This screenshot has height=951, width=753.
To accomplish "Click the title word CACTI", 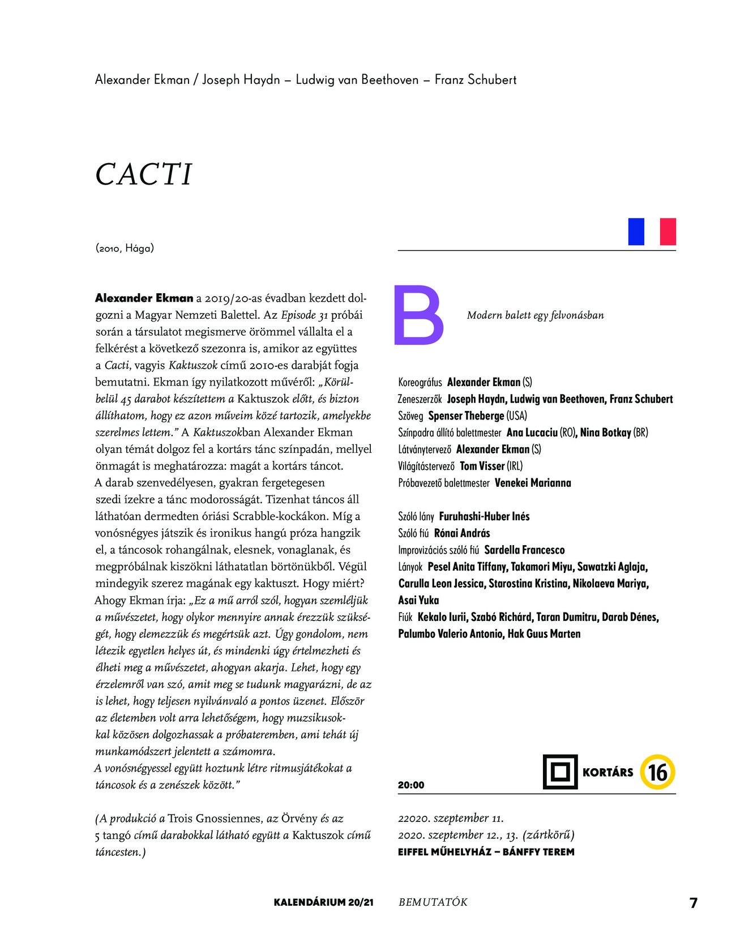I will click(144, 174).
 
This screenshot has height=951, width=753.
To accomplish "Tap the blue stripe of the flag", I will click(636, 232).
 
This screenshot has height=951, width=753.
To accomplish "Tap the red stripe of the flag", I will click(668, 232).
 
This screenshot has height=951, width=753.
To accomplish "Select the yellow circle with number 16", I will click(657, 772).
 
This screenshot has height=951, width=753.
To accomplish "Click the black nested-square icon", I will click(560, 772).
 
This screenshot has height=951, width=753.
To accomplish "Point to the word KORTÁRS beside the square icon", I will click(607, 773).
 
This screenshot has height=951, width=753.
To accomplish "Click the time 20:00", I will click(411, 785).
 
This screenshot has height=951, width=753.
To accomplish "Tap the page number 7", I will click(694, 903).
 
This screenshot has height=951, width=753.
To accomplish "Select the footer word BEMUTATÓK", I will click(433, 902).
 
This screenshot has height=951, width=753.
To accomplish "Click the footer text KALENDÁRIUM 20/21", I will click(323, 902).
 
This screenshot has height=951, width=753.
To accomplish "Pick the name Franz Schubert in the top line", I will click(476, 80).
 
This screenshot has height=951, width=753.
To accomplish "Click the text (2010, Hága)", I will click(125, 248).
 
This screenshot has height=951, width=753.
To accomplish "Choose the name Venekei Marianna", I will click(533, 483).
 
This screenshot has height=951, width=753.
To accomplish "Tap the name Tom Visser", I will click(482, 466).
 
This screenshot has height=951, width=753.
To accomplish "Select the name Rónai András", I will click(462, 533).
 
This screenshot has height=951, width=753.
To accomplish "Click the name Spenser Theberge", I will click(466, 416).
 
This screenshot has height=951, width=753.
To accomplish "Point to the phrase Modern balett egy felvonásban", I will click(535, 315).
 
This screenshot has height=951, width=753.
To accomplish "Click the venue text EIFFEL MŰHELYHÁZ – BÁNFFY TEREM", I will click(486, 852).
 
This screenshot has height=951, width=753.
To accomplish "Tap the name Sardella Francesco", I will click(524, 550).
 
